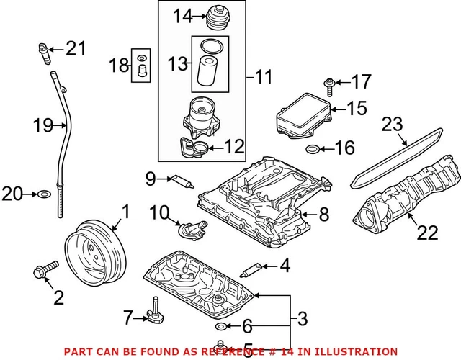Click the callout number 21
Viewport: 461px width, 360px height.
pos(76,49)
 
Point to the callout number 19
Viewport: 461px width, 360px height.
pos(43,126)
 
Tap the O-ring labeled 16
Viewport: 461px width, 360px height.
pos(313,150)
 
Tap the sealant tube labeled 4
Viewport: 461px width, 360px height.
pos(252,270)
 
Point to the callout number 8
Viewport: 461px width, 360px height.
pos(323,213)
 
